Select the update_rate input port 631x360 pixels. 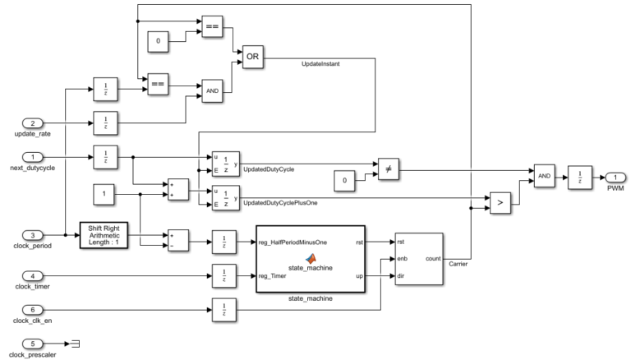coord(28,123)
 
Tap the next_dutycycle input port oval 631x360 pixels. coord(28,155)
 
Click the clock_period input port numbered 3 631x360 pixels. coord(28,234)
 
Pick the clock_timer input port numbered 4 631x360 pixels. coord(28,276)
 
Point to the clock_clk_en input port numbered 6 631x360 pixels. coord(28,310)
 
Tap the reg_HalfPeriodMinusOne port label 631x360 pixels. coord(292,242)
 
